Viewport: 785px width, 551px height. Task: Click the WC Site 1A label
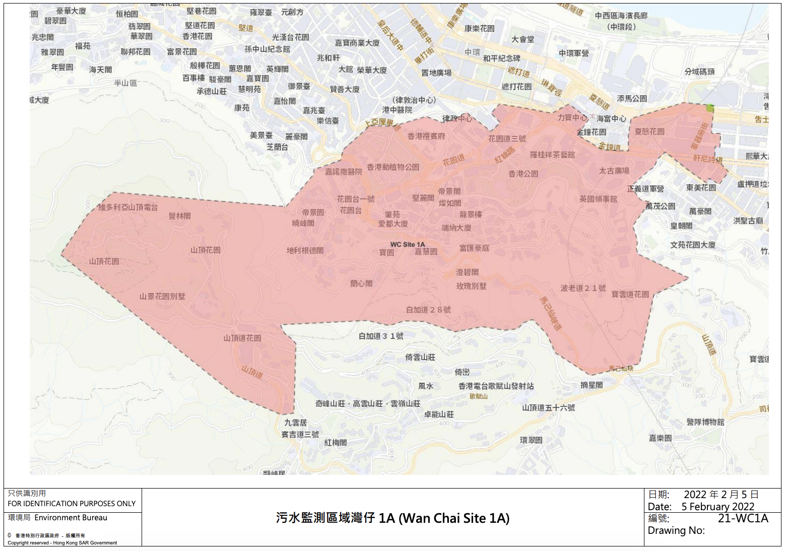(407, 244)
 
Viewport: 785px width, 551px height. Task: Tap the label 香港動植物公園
(393, 167)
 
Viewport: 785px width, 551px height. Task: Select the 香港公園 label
(523, 174)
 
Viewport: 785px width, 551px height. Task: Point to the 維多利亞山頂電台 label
(128, 207)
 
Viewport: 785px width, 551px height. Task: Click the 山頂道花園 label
(242, 338)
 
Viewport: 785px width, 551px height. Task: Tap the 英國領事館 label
(598, 199)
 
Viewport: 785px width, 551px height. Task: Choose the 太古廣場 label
(614, 171)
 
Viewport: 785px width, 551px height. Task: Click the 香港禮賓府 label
(426, 136)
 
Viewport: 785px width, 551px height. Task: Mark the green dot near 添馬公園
(710, 108)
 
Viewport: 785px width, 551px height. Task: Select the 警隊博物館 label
(705, 422)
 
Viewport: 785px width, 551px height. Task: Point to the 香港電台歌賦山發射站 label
(496, 386)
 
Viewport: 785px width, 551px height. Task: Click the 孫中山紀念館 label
(267, 49)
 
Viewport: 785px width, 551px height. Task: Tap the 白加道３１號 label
(381, 336)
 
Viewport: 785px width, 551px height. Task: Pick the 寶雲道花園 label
(630, 294)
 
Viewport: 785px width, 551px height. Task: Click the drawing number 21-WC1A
(743, 518)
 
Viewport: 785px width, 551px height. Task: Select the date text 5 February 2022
(717, 507)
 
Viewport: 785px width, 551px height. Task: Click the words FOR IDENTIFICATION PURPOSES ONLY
(72, 504)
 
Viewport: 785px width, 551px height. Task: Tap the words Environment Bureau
(71, 518)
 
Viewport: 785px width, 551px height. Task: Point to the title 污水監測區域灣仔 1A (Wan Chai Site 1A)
(392, 518)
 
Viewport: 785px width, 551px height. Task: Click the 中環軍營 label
(573, 53)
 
